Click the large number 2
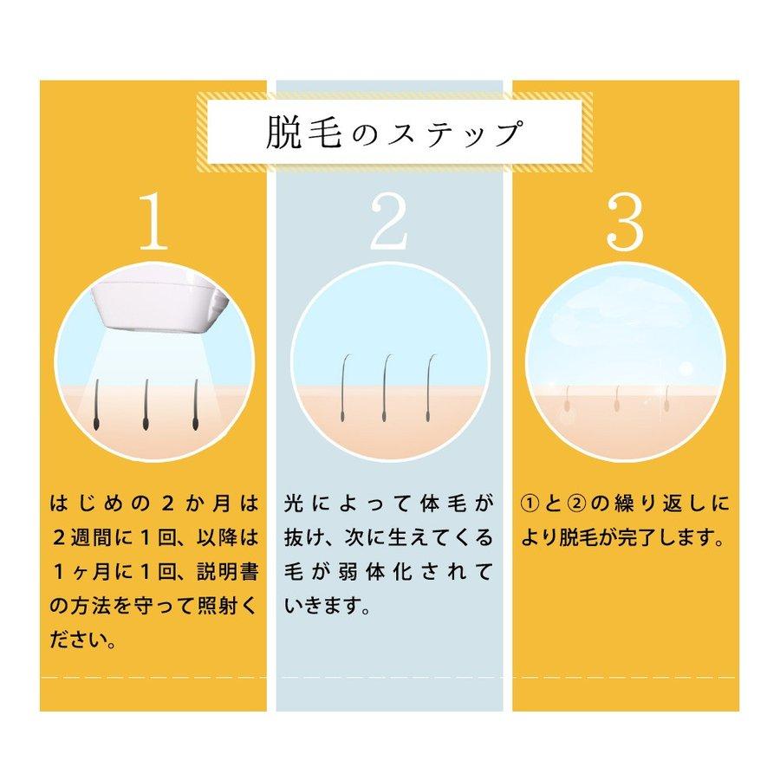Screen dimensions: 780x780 coord(390,223)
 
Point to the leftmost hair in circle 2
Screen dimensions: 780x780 coord(346,386)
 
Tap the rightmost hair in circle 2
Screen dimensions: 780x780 coord(430,386)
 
